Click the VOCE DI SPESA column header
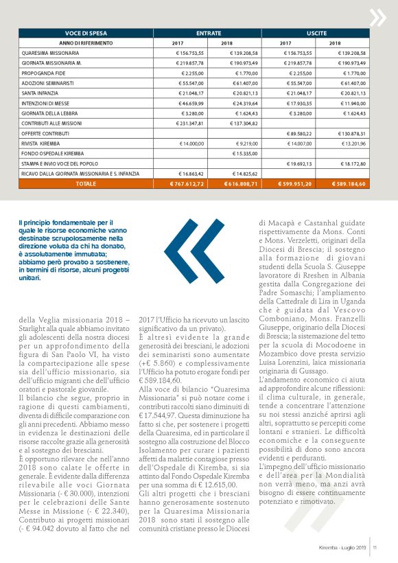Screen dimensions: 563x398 tap(85, 32)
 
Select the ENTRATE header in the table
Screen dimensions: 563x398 tap(209, 32)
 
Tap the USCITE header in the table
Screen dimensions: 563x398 tap(317, 32)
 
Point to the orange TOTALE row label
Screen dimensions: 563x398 tap(86, 184)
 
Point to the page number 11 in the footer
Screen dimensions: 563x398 tap(376, 547)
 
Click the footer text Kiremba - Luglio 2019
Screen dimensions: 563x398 tap(344, 547)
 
